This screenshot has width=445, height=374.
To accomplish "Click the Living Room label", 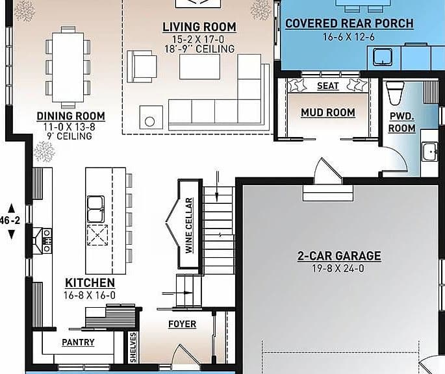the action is (x=199, y=27).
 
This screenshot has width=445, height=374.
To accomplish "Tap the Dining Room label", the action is (x=71, y=116).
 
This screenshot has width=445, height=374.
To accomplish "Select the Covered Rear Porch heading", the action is (x=350, y=23).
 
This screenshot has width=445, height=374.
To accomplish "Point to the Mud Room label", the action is (x=328, y=112).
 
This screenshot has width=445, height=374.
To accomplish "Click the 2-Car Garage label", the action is (x=339, y=256).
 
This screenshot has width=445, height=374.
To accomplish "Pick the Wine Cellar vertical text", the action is (x=189, y=225).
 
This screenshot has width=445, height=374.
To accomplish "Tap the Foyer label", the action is (x=182, y=324).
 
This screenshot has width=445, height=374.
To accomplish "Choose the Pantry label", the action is (x=78, y=342).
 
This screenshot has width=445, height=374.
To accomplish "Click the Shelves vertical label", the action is (x=133, y=347).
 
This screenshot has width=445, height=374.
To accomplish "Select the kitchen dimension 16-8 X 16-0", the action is (x=90, y=295).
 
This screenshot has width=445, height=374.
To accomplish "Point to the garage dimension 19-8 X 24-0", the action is (x=338, y=268).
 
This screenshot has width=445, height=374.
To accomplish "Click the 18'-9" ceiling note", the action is (x=199, y=49).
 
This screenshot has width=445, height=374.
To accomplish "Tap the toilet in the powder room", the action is (x=396, y=93).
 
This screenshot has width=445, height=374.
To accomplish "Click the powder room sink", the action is (x=429, y=151).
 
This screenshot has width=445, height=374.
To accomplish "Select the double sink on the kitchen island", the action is (x=95, y=209).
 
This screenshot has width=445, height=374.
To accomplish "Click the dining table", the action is (x=68, y=67).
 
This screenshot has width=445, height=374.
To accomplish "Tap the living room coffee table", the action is (x=200, y=67).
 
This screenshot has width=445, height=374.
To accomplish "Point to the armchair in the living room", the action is (x=142, y=67).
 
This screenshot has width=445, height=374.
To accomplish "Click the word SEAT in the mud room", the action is (x=328, y=86).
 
